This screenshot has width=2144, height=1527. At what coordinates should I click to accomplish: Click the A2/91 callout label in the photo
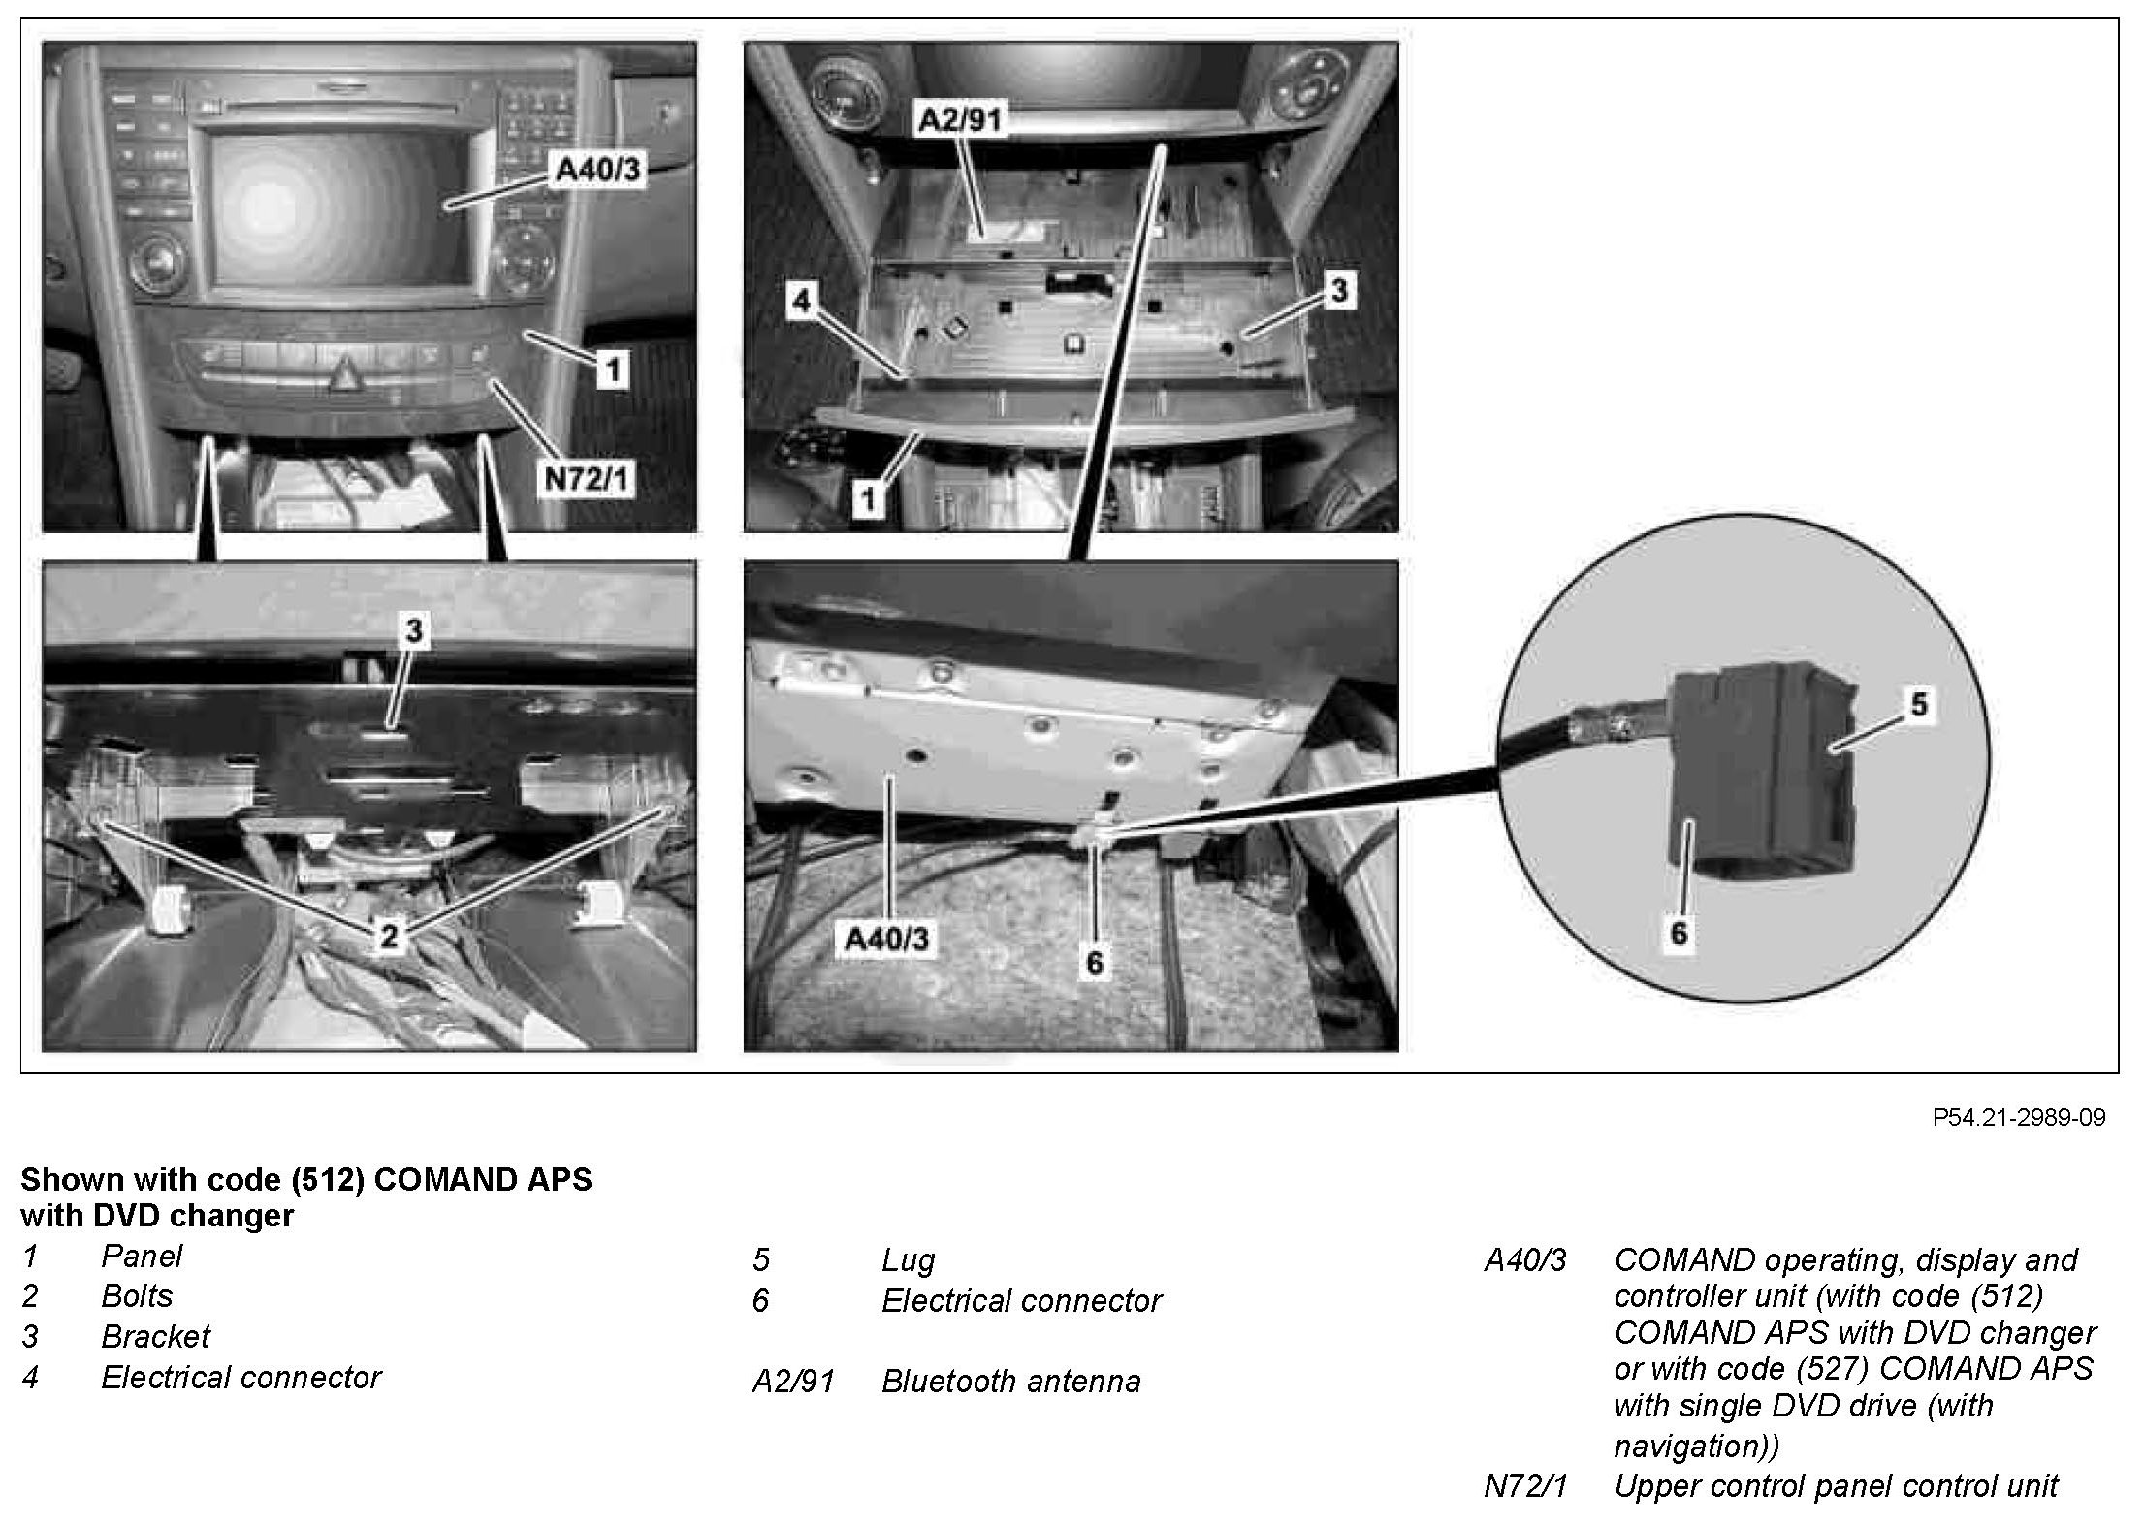[x=960, y=120]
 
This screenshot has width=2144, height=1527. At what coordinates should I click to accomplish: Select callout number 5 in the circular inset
[x=1919, y=705]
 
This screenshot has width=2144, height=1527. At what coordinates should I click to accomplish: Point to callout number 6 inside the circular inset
[x=1679, y=933]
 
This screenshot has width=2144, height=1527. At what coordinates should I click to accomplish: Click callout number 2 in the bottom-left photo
[x=389, y=936]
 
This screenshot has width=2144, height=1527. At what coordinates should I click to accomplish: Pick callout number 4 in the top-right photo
[x=801, y=302]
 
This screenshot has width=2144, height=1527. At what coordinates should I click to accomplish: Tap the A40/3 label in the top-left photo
[x=596, y=172]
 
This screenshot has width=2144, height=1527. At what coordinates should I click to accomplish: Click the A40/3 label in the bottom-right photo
[x=886, y=938]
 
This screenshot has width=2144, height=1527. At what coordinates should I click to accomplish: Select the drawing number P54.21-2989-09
[x=2019, y=1118]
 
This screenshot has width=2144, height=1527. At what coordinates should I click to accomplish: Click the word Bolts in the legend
[x=137, y=1296]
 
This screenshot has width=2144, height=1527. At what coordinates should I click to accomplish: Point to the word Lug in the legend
[x=908, y=1260]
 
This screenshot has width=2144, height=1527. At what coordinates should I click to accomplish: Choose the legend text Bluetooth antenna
[x=1010, y=1381]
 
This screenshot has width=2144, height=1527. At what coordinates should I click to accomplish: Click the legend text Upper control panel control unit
[x=1836, y=1486]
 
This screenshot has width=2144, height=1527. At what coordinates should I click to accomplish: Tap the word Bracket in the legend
[x=155, y=1337]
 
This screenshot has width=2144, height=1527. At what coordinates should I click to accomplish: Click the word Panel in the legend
[x=142, y=1257]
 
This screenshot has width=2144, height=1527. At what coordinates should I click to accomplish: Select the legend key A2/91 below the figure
[x=793, y=1381]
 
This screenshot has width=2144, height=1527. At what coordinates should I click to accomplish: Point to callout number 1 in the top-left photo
[x=611, y=368]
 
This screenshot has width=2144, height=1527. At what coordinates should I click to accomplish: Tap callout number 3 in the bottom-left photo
[x=414, y=631]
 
